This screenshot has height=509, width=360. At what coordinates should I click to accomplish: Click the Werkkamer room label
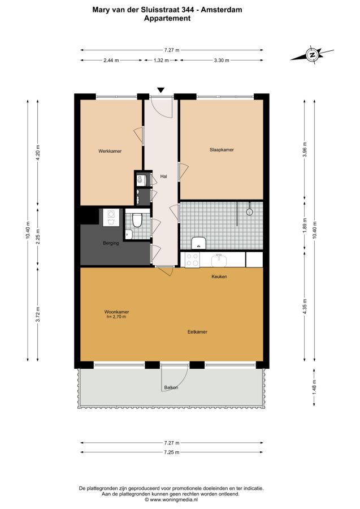pyautogui.click(x=110, y=151)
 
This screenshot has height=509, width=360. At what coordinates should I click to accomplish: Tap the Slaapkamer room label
pyautogui.click(x=222, y=150)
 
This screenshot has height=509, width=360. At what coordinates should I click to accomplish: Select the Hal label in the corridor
pyautogui.click(x=163, y=176)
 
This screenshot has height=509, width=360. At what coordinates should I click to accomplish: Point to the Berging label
pyautogui.click(x=111, y=243)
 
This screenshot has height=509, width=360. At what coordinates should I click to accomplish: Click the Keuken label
pyautogui.click(x=219, y=277)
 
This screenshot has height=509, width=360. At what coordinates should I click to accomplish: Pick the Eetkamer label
pyautogui.click(x=197, y=332)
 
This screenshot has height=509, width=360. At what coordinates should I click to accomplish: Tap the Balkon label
pyautogui.click(x=171, y=387)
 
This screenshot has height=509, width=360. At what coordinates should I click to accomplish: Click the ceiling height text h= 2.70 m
pyautogui.click(x=116, y=317)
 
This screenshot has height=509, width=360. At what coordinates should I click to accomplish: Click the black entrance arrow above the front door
pyautogui.click(x=161, y=90)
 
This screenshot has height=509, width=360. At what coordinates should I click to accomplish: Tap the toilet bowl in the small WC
pyautogui.click(x=137, y=220)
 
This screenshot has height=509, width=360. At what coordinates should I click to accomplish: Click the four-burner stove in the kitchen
pyautogui.click(x=192, y=260)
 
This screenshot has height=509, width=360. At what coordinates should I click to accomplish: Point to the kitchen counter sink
pyautogui.click(x=220, y=260)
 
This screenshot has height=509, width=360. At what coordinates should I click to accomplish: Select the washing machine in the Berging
pyautogui.click(x=111, y=217)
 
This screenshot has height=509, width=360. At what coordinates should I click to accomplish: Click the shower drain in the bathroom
pyautogui.click(x=249, y=212)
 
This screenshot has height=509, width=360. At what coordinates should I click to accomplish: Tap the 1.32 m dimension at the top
pyautogui.click(x=161, y=60)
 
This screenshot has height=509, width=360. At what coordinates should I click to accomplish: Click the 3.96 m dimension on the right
pyautogui.click(x=304, y=150)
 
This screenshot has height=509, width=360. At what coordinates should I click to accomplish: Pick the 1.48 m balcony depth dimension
pyautogui.click(x=314, y=387)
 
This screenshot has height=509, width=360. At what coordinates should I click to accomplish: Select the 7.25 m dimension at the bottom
pyautogui.click(x=172, y=452)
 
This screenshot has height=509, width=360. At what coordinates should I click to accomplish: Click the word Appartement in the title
pyautogui.click(x=167, y=18)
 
